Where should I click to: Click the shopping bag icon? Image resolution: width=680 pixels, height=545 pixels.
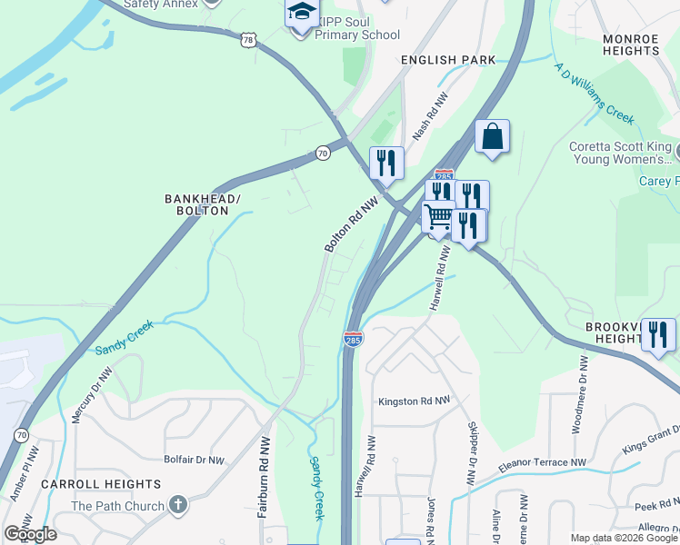coord(492,137)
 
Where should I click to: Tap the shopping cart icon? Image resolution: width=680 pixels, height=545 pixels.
coord(439,217)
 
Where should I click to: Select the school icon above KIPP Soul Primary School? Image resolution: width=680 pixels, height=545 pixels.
coord(302,14)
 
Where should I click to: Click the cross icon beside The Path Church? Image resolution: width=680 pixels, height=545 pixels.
coord(178,505)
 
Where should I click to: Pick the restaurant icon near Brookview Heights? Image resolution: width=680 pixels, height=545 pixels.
coord(658,334)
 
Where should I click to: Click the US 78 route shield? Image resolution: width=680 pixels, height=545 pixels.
coord(249,41)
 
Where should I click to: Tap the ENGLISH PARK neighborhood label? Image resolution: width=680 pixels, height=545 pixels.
coord(449,60)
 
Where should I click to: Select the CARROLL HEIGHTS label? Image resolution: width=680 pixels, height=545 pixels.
coord(95,485)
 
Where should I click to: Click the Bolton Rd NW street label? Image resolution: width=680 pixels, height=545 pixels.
coord(351,225)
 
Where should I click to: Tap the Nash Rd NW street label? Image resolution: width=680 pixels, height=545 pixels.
coord(431,115)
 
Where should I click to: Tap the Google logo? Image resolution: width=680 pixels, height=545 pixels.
coord(31,534)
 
